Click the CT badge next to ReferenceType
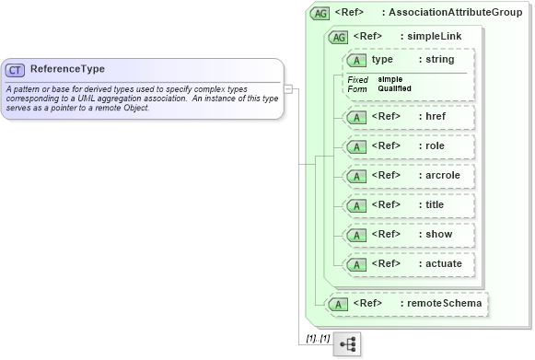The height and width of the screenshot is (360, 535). coord(15,70)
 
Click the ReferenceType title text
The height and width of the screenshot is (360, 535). coord(67,69)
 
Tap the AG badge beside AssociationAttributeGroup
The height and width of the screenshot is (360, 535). coord(320,13)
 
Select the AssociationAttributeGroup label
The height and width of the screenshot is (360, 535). coord(455,13)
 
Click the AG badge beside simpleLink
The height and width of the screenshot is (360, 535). coord(338,37)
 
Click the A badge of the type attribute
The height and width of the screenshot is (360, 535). coord(355,60)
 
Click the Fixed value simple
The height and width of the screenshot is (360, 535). coord(390,79)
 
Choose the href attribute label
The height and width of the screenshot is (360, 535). coord(433,117)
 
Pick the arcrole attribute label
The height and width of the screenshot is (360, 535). coord(438,176)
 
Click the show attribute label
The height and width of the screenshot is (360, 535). coord(434,235)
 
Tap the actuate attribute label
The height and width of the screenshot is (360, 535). coord(438,264)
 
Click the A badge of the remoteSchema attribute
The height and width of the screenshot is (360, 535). coord(338,304)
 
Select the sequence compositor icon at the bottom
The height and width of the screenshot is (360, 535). coord(347,343)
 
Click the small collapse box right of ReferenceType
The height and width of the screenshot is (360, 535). coord(288,89)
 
